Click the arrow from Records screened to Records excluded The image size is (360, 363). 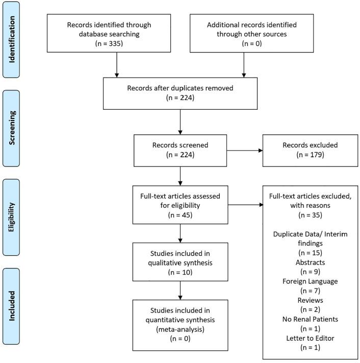(x=245, y=151)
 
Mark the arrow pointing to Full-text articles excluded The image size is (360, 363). (x=245, y=205)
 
